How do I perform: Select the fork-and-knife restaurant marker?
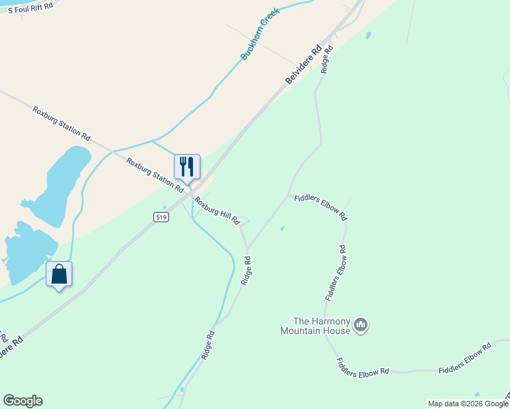coord(187,166)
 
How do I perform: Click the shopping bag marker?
coord(59,274)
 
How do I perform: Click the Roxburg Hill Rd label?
coord(217,211)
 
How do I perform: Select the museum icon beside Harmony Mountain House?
coord(361,325)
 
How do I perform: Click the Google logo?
coord(22,401)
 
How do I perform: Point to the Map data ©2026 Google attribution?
coord(468,404)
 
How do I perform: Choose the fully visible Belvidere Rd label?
coord(303,65)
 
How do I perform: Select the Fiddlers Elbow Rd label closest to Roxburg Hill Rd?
coord(320,207)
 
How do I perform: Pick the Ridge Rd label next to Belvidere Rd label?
coord(327,59)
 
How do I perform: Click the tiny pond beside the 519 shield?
coord(164,208)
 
